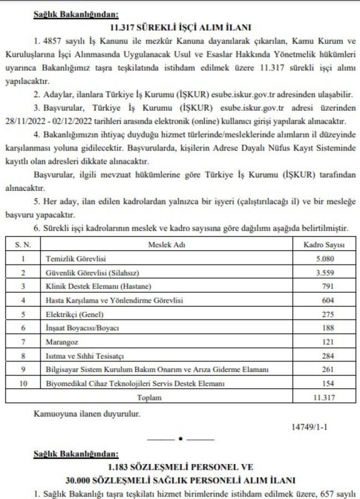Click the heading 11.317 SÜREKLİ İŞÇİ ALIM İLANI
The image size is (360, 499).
point(181,27)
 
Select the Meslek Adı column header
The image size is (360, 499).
point(170,244)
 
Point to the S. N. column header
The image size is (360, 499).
point(23,244)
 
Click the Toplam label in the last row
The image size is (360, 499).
point(150,397)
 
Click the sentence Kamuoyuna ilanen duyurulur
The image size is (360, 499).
point(87,413)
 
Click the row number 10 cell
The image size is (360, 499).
point(23,383)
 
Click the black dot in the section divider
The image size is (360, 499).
point(180,439)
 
